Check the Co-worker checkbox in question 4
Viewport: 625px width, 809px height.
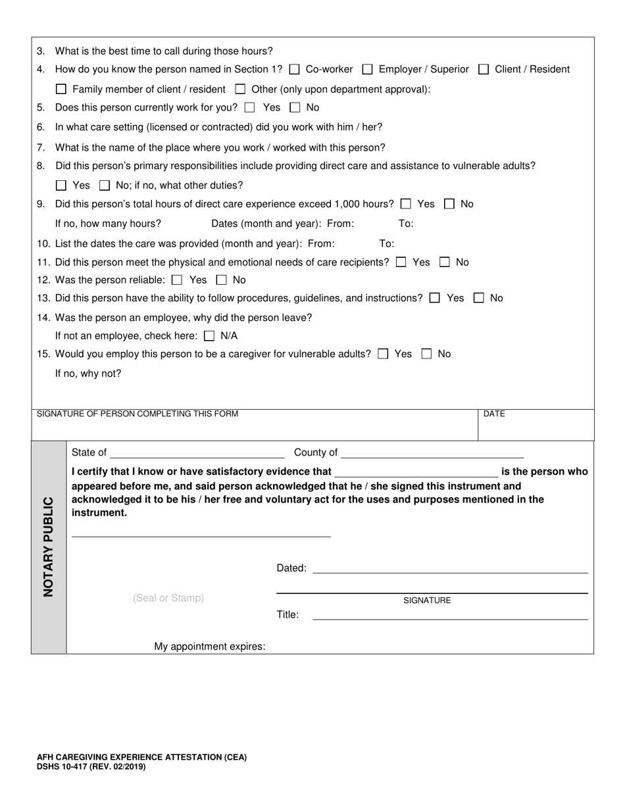pos(295,69)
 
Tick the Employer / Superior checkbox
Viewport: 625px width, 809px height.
pos(368,69)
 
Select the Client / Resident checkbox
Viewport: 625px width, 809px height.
pos(484,69)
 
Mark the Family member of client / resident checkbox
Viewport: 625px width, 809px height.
pos(61,89)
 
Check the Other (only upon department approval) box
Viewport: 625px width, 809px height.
pos(241,89)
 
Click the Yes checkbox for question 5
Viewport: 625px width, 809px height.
pos(249,107)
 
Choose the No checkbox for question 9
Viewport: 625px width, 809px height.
pos(450,204)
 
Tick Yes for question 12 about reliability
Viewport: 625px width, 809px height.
pos(176,280)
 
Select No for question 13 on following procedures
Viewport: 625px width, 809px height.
pos(480,298)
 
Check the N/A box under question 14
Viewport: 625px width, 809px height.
pos(209,336)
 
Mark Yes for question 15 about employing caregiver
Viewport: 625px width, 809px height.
pos(383,354)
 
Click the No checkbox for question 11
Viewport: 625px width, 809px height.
pos(445,262)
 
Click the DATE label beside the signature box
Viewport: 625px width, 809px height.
pos(494,414)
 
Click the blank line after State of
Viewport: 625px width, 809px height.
pos(197,453)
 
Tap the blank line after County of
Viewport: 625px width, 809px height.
pos(432,453)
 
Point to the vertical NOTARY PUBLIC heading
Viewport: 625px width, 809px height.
pos(49,546)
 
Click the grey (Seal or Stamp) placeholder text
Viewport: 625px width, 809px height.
pos(168,598)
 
